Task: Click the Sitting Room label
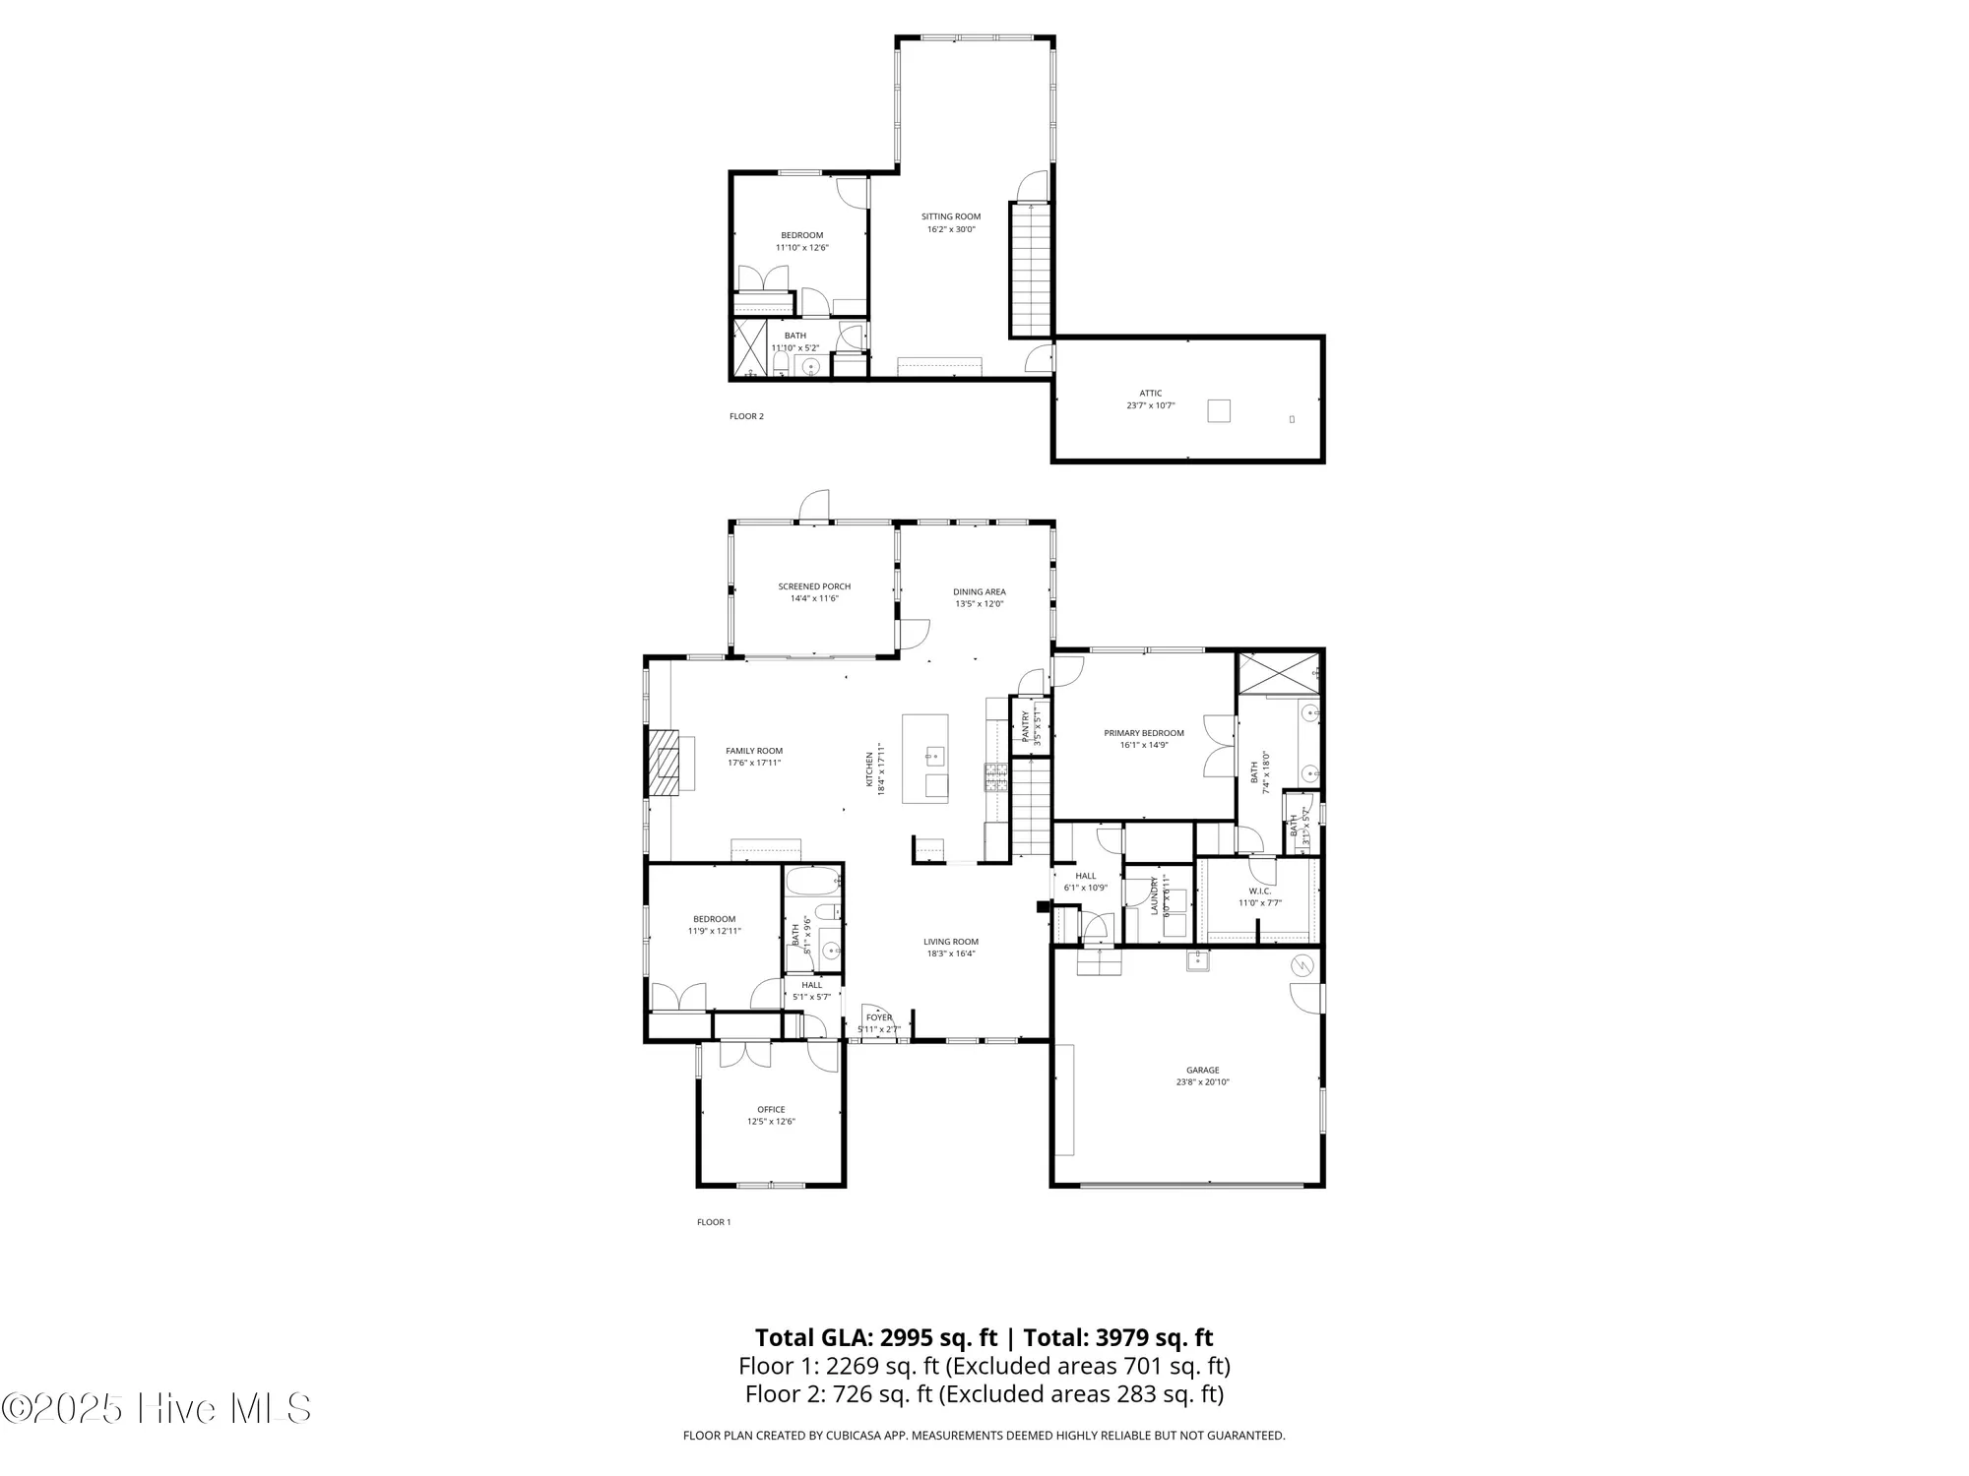pyautogui.click(x=950, y=216)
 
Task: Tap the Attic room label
pyautogui.click(x=1150, y=393)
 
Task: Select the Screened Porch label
pyautogui.click(x=814, y=586)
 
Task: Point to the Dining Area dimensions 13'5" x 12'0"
pyautogui.click(x=979, y=604)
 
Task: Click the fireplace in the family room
pyautogui.click(x=665, y=761)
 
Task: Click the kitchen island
pyautogui.click(x=925, y=758)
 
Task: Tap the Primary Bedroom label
pyautogui.click(x=1143, y=733)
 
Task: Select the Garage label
pyautogui.click(x=1202, y=1070)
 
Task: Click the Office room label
pyautogui.click(x=771, y=1109)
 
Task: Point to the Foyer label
pyautogui.click(x=879, y=1017)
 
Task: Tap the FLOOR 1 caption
pyautogui.click(x=714, y=1222)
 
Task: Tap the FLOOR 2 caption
pyautogui.click(x=746, y=416)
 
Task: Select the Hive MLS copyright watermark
pyautogui.click(x=158, y=1409)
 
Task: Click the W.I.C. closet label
pyautogui.click(x=1259, y=892)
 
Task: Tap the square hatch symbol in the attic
pyautogui.click(x=1219, y=410)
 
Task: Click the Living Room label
pyautogui.click(x=950, y=942)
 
